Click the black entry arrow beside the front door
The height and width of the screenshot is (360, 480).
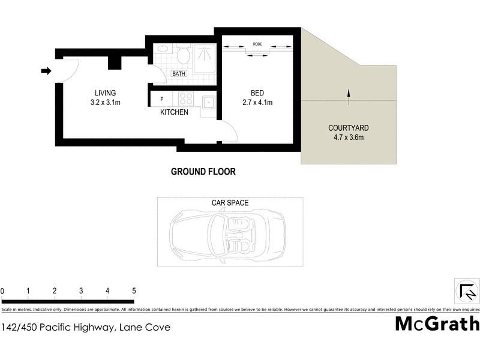pyautogui.click(x=46, y=71)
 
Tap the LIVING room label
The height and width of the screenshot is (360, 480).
pyautogui.click(x=105, y=93)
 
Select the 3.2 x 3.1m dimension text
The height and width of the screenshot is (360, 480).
pyautogui.click(x=105, y=102)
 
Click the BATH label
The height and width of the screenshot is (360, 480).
pyautogui.click(x=179, y=74)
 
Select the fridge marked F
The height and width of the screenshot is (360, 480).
pyautogui.click(x=163, y=100)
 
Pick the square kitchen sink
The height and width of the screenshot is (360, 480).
pyautogui.click(x=208, y=102)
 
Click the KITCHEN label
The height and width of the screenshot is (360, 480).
pyautogui.click(x=174, y=112)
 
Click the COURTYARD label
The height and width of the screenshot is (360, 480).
pyautogui.click(x=348, y=128)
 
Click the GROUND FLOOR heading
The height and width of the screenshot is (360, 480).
pyautogui.click(x=203, y=172)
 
